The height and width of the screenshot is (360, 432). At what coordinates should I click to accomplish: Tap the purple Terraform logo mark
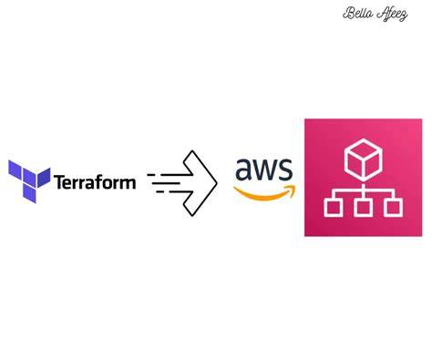tap(28, 180)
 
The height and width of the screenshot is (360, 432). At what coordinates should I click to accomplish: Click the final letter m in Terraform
tap(128, 182)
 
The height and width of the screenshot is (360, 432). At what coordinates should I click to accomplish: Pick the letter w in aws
tap(265, 170)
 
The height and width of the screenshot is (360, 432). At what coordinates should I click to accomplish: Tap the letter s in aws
tap(285, 170)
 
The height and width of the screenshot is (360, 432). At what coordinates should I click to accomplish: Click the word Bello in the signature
tap(355, 14)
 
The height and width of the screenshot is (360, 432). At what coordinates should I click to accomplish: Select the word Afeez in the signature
tap(389, 14)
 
